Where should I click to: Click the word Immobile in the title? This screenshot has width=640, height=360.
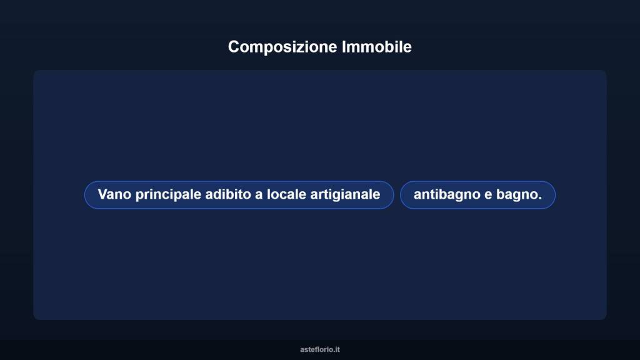[377, 47]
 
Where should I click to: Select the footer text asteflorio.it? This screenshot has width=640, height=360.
[320, 349]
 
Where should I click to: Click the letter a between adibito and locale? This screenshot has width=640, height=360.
[259, 195]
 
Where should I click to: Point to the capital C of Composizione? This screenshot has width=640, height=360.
[234, 47]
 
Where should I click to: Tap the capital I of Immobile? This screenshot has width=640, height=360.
[344, 47]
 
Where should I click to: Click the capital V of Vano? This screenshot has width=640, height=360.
[102, 194]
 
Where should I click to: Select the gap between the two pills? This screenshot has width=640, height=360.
[397, 195]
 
